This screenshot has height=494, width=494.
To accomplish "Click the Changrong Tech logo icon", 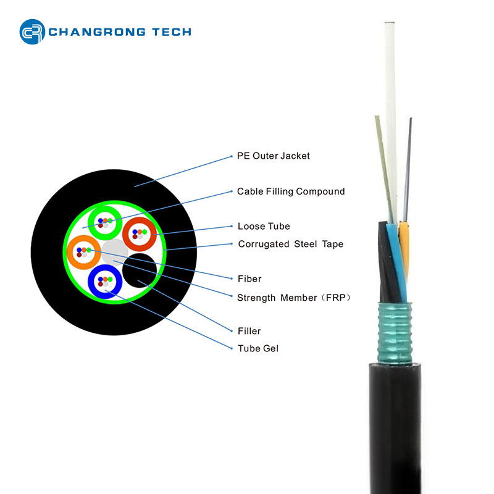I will tap(32, 32).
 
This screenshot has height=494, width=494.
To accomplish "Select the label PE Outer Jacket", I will tap(274, 156).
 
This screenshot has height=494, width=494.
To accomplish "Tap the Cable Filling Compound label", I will tap(291, 191).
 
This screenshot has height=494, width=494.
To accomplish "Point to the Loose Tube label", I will tap(264, 226).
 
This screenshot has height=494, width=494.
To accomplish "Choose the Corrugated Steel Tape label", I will tap(290, 244).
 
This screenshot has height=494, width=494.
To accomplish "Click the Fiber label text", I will tap(249, 279).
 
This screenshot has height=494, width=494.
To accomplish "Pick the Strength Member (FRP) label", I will tap(294, 298).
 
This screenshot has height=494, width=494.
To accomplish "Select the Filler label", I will tap(249, 331).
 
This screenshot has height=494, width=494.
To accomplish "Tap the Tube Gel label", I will tap(258, 348).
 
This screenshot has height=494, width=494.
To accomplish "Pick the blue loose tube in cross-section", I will tap(104, 282).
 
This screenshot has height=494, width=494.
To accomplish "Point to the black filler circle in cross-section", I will tap(139, 270).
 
